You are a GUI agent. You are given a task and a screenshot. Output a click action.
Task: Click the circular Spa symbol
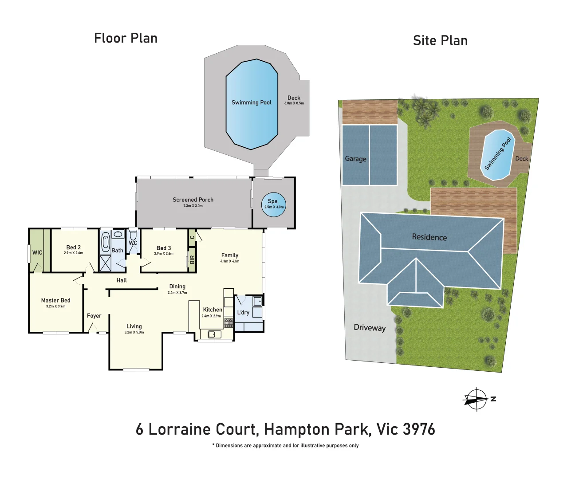click(x=273, y=204)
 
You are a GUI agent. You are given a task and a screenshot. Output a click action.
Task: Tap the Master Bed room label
click(x=55, y=300)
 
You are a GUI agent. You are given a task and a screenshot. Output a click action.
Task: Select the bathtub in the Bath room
click(x=106, y=243)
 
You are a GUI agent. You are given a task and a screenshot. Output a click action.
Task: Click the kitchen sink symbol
click(x=214, y=334)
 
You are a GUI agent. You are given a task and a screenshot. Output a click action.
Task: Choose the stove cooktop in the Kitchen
click(x=228, y=323)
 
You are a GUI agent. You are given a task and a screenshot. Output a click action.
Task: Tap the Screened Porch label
click(x=193, y=200)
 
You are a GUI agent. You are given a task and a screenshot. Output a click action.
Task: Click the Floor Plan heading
click(x=126, y=38)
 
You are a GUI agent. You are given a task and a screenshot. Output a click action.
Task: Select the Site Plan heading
click(x=440, y=40)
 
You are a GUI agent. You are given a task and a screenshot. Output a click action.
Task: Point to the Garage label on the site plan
click(x=355, y=159)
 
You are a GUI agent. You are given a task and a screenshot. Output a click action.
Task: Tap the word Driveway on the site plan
click(x=370, y=327)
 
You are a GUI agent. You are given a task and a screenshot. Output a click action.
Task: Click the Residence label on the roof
click(x=429, y=237)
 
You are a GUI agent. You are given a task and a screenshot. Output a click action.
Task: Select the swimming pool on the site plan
click(x=497, y=155)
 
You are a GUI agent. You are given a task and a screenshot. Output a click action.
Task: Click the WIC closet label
click(x=37, y=252)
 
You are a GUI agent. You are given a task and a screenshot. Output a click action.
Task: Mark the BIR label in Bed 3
click(x=192, y=259)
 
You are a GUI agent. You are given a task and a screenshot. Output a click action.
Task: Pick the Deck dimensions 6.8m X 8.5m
click(x=294, y=103)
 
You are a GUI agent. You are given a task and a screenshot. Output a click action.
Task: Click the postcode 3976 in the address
click(x=419, y=429)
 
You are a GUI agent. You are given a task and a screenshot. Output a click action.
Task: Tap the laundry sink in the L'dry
click(x=258, y=302)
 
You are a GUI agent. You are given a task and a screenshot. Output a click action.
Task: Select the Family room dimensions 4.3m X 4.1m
click(x=230, y=261)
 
